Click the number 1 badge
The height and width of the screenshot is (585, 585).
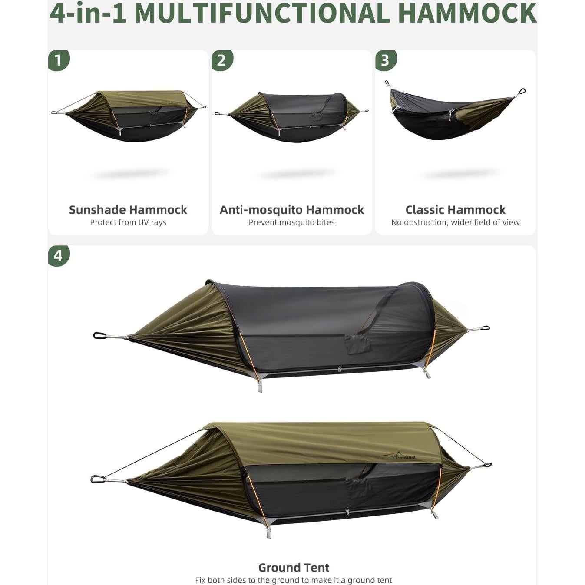click(x=58, y=60)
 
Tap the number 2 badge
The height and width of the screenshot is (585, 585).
click(x=222, y=60)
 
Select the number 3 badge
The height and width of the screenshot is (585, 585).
click(x=385, y=60)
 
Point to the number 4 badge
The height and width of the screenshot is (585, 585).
click(x=58, y=255)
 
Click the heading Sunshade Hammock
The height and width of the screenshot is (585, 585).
click(x=128, y=210)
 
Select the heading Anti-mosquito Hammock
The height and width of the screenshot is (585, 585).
click(x=291, y=210)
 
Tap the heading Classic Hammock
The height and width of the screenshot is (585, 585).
click(x=455, y=210)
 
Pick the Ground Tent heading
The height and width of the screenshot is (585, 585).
click(x=294, y=568)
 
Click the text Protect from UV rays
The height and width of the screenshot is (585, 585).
click(x=128, y=222)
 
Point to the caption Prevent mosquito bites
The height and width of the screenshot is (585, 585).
click(x=291, y=222)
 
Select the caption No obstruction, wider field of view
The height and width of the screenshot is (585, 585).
click(x=455, y=222)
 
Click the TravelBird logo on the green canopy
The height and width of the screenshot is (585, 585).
click(x=399, y=456)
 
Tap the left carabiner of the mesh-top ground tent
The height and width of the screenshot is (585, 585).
click(x=100, y=335)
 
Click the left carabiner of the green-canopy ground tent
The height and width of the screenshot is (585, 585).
click(x=97, y=479)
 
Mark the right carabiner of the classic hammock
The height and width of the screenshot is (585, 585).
click(x=522, y=91)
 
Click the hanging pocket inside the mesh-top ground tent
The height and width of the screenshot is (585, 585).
click(x=358, y=344)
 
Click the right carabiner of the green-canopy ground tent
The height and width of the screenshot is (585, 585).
click(x=486, y=465)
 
